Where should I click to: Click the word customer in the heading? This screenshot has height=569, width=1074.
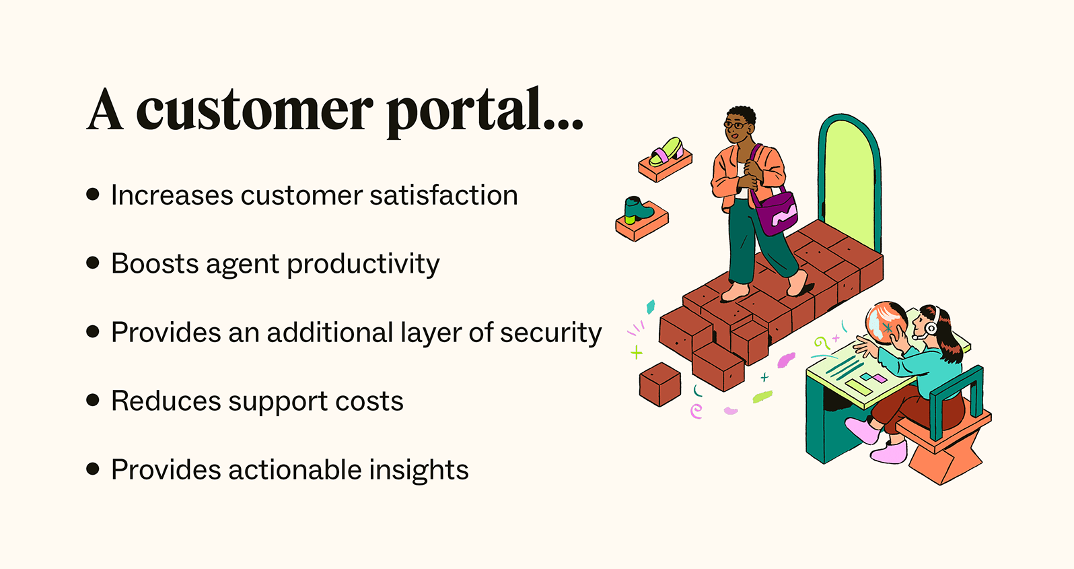[254, 111]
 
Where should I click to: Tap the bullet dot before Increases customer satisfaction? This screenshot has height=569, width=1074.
[93, 195]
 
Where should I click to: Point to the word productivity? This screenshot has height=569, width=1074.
[363, 264]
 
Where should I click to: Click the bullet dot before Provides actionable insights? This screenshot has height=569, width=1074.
[93, 469]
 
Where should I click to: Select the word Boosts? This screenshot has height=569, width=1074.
[155, 264]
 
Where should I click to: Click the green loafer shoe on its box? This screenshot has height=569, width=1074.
[666, 152]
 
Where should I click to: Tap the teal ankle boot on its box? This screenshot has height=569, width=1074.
[636, 210]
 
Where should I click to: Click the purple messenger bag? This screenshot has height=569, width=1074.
[776, 213]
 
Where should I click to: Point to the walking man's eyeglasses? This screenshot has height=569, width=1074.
[734, 125]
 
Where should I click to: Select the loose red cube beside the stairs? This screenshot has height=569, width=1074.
[659, 384]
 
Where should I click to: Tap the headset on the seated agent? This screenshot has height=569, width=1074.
[933, 324]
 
